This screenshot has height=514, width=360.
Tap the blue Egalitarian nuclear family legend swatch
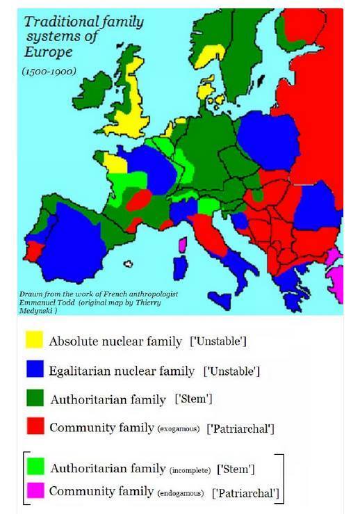33,369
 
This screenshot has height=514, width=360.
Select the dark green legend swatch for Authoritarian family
33,399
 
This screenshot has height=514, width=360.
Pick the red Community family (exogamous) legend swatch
33,427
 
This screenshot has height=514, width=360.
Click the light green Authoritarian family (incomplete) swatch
33,465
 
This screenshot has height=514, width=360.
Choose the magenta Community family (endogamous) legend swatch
33,491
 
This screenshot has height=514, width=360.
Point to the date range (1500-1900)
49,71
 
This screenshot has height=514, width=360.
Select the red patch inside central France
139,200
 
